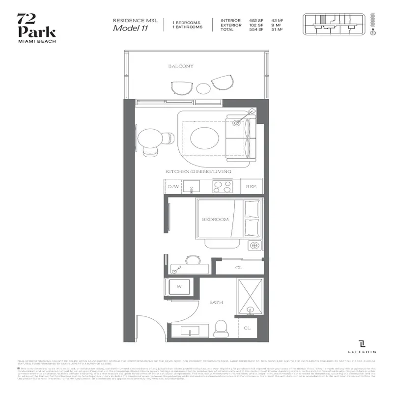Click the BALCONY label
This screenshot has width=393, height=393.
(181, 66)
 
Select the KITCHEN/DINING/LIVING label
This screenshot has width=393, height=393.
(198, 171)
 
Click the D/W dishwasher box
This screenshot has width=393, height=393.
(173, 187)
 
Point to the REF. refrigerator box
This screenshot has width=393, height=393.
(252, 187)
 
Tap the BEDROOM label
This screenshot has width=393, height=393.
(215, 220)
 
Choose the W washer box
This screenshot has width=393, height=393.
(179, 286)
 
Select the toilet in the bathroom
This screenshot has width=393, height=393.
(222, 328)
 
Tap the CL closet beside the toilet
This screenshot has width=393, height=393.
(248, 328)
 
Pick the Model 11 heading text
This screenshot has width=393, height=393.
(130, 28)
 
